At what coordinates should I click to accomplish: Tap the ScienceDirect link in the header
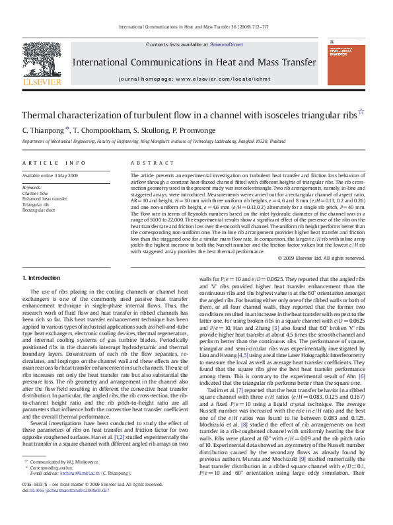coord(227,44)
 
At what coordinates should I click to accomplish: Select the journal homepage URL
coord(216,78)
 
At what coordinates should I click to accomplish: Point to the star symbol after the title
coord(361,112)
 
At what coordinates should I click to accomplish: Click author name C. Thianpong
coord(41,130)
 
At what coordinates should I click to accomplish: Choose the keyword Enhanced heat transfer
coord(44,198)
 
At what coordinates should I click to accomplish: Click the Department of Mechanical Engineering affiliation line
coord(154,141)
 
